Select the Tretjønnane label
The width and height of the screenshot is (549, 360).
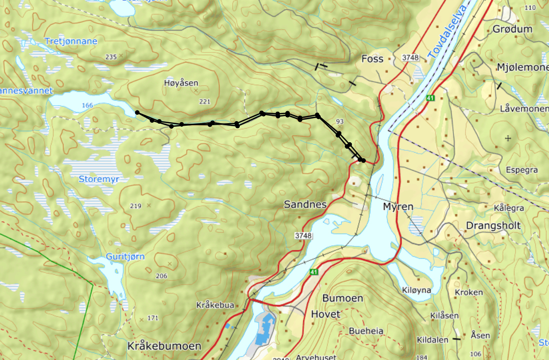coord(71,41)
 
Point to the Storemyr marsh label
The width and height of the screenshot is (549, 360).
coord(99,179)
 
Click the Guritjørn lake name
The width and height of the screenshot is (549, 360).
coord(125,257)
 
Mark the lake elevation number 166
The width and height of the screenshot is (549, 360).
coord(88,105)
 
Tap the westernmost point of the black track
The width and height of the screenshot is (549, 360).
coord(137,113)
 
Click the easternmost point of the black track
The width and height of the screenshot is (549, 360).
coord(363,161)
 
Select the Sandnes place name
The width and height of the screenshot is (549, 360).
coord(305,204)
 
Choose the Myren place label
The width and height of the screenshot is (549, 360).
coord(398,206)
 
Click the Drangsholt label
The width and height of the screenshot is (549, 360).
coord(493,226)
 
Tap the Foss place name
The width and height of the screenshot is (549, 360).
coord(372,59)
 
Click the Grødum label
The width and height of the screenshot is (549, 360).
coord(512,29)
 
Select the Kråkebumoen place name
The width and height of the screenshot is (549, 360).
coord(164,346)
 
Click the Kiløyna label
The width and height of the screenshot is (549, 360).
coord(416,290)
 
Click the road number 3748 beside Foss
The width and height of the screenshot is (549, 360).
coord(410,58)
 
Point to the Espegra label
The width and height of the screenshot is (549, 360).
coord(521,170)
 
